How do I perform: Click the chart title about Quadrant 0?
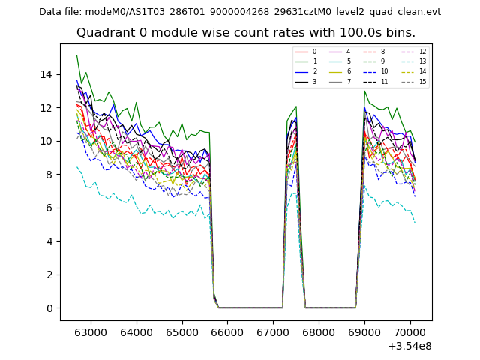(246, 33)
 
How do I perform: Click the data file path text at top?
(240, 12)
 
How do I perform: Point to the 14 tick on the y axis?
(48, 74)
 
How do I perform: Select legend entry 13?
(422, 61)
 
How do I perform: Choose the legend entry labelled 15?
(422, 81)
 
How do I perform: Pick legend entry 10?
(384, 71)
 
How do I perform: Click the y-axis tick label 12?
(48, 108)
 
